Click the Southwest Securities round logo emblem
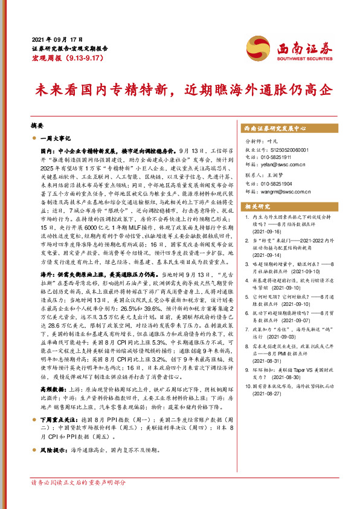256,46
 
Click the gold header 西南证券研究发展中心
275,129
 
